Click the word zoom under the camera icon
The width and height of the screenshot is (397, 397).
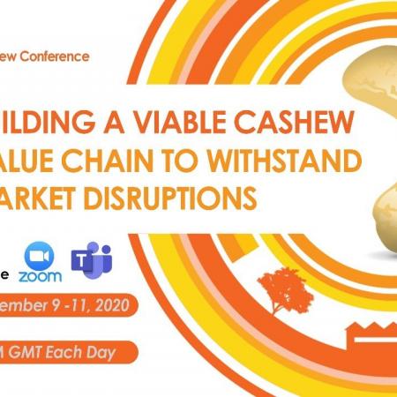click(40, 278)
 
